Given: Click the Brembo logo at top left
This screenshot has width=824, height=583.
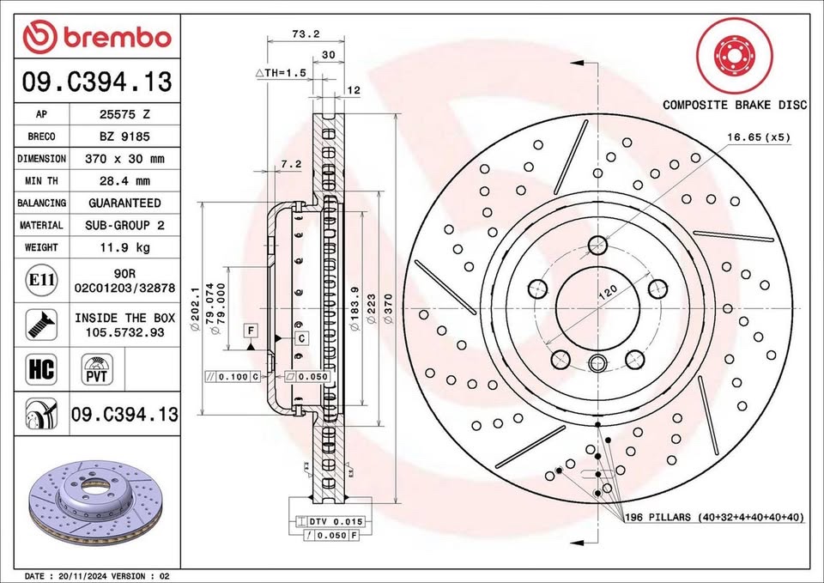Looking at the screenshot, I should [x=97, y=37].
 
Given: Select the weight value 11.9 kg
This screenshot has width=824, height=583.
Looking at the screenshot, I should [x=124, y=247].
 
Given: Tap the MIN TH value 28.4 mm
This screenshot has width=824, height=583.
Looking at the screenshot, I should [x=124, y=181].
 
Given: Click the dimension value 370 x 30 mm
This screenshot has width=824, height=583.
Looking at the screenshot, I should [x=124, y=159].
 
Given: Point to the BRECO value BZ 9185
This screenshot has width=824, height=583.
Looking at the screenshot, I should [x=124, y=136].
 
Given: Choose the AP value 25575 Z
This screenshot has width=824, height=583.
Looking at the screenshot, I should [x=124, y=113].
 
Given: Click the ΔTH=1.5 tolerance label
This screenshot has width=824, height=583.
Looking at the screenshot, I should [x=281, y=73].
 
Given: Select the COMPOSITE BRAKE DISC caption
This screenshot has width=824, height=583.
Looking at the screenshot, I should [x=735, y=105].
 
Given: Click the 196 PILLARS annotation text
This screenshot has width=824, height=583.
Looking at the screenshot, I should [x=713, y=517].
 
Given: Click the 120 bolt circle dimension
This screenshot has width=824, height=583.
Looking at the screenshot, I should [x=607, y=293].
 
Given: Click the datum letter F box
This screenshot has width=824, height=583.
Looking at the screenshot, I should [x=251, y=331].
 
